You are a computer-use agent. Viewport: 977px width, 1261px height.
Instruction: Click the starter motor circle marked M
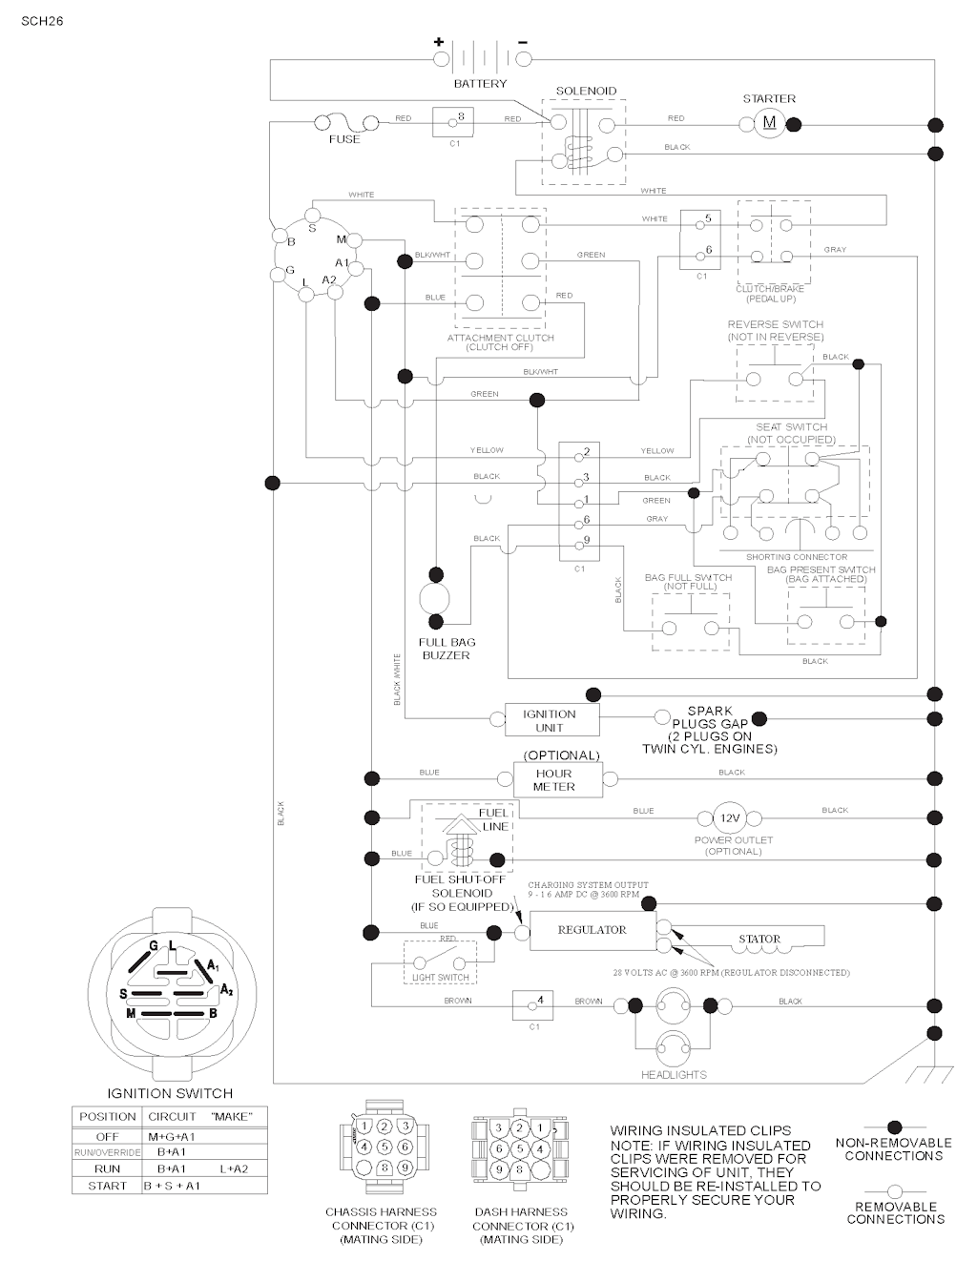coord(769,123)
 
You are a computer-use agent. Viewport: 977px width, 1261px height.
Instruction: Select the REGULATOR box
coord(592,930)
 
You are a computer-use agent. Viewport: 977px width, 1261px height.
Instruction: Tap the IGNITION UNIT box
coord(550,720)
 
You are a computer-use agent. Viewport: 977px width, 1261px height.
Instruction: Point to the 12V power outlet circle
coord(730,818)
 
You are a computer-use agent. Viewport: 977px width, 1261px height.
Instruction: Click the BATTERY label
coord(480,84)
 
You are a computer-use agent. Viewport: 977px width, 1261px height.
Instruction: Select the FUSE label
coord(344,139)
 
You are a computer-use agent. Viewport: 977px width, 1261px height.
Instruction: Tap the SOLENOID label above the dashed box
coord(586,92)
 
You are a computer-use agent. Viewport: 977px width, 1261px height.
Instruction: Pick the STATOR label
coord(759,939)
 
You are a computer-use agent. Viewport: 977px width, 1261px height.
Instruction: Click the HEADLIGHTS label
coord(674,1075)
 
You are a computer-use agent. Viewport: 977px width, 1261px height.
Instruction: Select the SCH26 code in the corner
coord(42,20)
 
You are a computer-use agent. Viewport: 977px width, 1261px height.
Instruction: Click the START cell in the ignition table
coord(107,1186)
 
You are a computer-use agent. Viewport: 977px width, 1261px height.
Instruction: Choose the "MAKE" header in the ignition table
coord(231,1116)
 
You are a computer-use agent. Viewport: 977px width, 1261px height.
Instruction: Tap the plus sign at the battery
coord(439,42)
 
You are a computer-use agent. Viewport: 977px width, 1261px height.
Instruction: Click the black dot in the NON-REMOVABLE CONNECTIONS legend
coord(894,1127)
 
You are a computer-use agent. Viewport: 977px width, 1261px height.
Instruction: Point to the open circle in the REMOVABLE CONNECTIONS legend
coord(894,1191)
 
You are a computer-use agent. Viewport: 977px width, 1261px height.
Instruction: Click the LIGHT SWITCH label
coord(440,978)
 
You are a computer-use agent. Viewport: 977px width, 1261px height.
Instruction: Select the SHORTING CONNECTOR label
coord(796,557)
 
